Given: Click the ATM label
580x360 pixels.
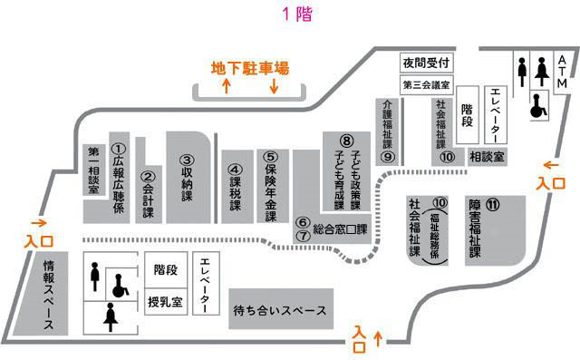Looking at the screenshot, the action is click(561, 72).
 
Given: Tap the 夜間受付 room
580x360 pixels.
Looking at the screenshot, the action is click(426, 63).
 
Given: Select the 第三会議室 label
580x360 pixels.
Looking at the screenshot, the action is click(425, 86).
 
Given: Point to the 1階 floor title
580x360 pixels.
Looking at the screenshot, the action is click(290, 14).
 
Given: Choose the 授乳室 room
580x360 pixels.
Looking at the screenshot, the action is click(167, 301).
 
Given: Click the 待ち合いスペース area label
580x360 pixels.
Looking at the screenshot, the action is click(279, 310).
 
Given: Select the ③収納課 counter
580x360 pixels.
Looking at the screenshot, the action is click(188, 179).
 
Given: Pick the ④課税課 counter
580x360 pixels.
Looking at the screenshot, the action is click(235, 186).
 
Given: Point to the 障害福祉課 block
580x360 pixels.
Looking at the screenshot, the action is click(489, 228).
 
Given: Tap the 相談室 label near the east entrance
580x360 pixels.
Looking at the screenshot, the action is click(487, 157).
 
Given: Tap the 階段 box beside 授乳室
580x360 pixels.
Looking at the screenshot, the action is click(166, 270).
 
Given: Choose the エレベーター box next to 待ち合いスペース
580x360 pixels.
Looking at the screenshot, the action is click(206, 282).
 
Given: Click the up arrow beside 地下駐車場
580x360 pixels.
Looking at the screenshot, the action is click(226, 86).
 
